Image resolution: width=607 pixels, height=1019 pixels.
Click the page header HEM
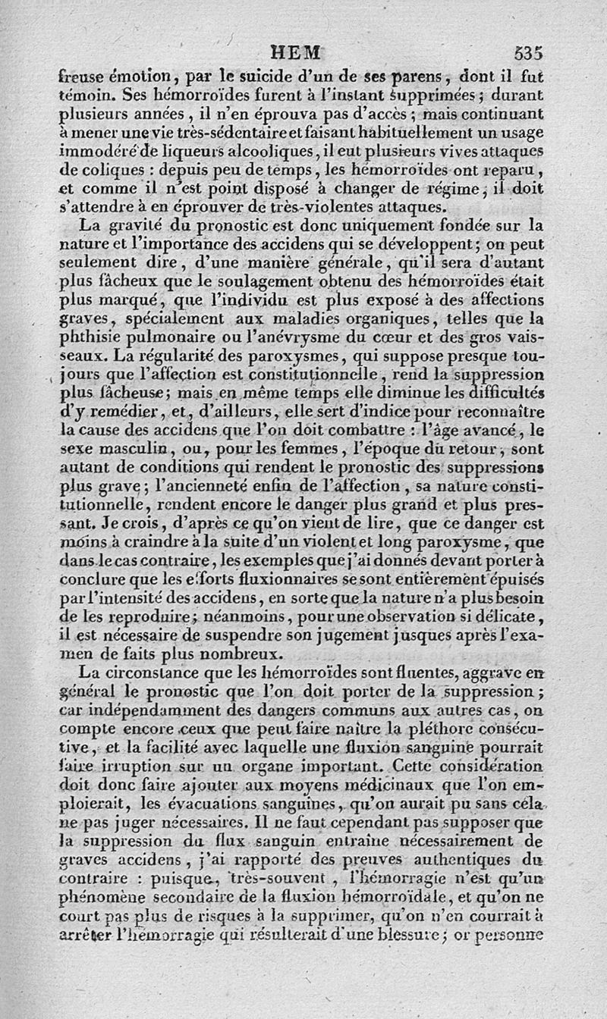[296, 53]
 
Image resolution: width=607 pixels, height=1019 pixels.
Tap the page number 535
[529, 53]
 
